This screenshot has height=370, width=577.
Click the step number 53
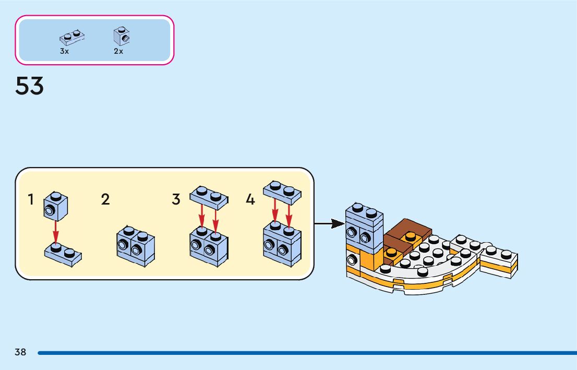pos(30,86)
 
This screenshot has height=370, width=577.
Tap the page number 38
pos(20,352)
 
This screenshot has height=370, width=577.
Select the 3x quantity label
pos(64,51)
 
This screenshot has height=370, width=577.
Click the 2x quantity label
pos(118,51)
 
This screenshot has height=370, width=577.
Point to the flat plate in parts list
pos(73,37)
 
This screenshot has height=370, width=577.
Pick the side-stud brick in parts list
pos(122,35)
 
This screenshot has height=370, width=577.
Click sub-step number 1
pos(31,199)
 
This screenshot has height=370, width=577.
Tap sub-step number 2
pos(105,199)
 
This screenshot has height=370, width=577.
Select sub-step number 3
pos(176,199)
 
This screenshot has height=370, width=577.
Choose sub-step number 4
pos(250,199)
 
